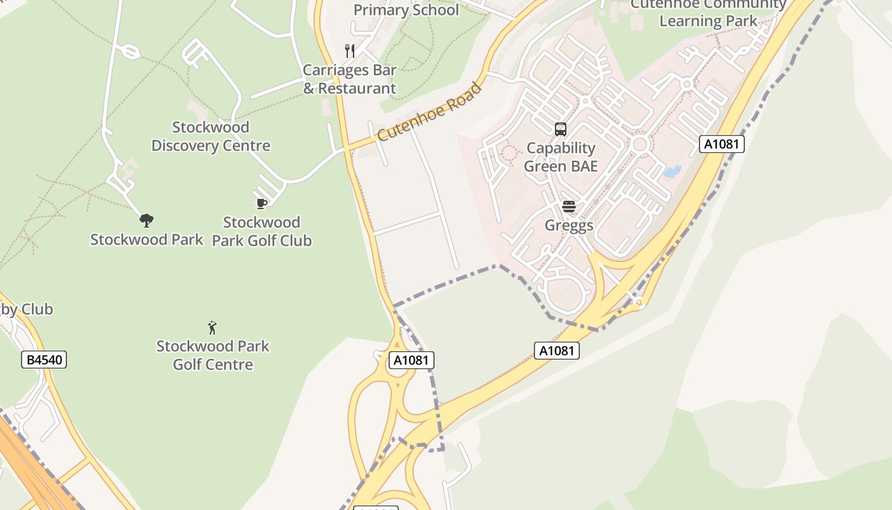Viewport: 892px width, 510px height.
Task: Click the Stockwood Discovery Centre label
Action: coord(210,136)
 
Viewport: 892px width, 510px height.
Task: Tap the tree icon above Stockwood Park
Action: coord(147,221)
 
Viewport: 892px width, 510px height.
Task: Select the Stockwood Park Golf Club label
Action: coord(261,231)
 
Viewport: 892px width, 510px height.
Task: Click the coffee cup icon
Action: coord(261,203)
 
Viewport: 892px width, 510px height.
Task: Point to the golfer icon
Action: coord(213,328)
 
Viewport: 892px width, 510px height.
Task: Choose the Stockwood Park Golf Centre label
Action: coord(213,355)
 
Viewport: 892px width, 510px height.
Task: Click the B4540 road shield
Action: coord(44,360)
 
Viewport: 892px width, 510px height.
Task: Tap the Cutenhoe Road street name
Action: coord(429,113)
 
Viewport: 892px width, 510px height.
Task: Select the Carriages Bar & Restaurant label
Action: coord(349,79)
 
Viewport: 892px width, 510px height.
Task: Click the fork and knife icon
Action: coord(349,50)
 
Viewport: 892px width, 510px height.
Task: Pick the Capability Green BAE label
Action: coord(561,157)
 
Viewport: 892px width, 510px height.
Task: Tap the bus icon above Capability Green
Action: coord(561,129)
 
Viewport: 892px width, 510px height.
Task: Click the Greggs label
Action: coord(569,225)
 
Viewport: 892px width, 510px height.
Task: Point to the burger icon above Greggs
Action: coord(569,206)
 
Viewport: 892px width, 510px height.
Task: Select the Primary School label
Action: coord(406,10)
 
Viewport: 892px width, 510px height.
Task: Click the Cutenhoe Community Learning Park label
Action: coord(708,13)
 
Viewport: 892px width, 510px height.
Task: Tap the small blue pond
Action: coord(672,171)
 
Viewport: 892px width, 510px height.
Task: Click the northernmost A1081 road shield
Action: coord(722,144)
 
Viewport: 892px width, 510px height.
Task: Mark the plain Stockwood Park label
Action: coord(147,240)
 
